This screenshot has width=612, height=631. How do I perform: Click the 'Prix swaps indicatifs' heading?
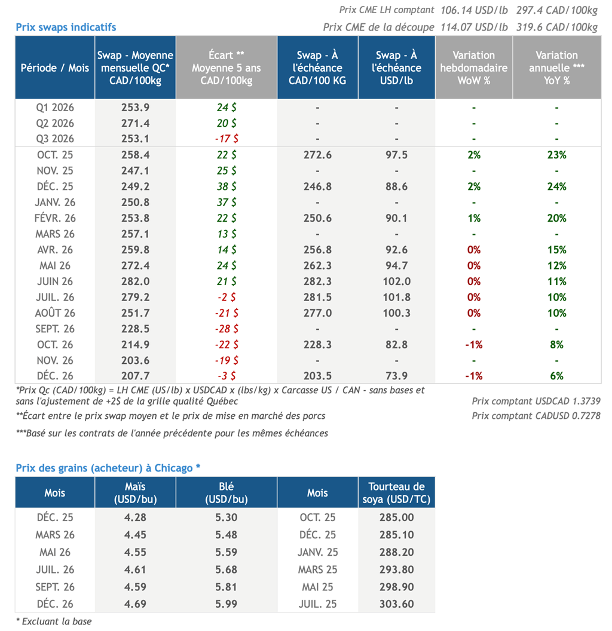(66, 27)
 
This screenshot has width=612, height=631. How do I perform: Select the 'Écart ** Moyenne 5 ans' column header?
(227, 68)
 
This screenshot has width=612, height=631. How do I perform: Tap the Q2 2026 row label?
(55, 123)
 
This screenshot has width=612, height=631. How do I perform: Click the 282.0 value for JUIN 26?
(135, 281)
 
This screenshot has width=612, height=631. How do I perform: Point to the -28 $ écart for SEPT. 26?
(227, 329)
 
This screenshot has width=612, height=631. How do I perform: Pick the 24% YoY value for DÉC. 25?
(556, 186)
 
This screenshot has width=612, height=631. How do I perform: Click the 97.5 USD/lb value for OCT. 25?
(397, 155)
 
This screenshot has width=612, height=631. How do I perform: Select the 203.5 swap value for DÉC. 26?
(317, 376)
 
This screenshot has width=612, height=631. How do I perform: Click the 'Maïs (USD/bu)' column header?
(135, 492)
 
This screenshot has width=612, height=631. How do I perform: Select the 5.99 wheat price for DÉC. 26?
(227, 604)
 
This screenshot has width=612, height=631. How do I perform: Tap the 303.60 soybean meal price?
(396, 604)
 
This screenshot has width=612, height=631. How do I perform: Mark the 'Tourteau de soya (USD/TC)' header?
(396, 492)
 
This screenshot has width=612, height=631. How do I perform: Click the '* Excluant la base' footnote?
(54, 621)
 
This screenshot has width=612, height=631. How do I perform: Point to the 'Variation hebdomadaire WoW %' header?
(474, 68)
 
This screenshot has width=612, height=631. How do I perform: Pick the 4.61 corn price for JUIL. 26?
(135, 569)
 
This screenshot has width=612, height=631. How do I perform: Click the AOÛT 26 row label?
(55, 313)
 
